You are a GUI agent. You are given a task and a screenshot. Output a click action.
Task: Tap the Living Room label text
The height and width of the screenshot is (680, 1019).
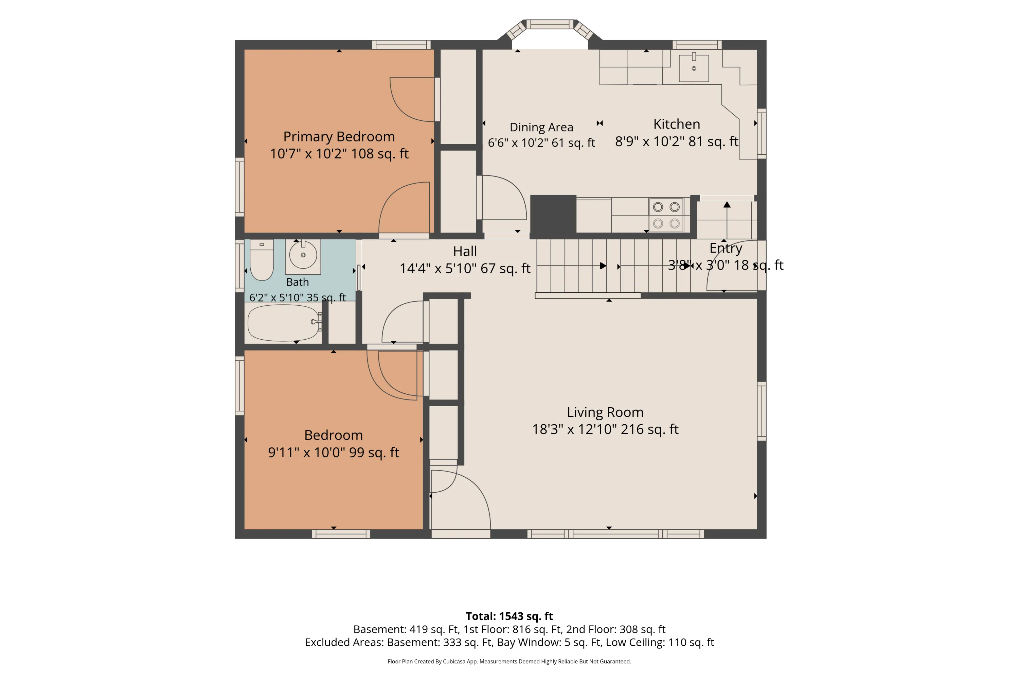(x=605, y=412)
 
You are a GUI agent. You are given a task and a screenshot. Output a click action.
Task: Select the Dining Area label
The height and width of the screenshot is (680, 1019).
(x=541, y=127)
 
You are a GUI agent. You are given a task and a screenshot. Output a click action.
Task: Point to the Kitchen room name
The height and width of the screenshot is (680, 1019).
(x=676, y=124)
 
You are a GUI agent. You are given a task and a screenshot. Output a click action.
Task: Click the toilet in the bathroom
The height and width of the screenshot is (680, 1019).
(x=262, y=260)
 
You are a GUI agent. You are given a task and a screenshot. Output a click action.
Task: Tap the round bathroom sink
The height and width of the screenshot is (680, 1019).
(x=303, y=255)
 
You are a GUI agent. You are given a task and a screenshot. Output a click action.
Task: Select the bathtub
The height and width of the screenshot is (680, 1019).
(x=284, y=323)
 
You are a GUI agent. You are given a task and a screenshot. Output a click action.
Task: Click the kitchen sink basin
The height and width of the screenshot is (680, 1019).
(x=694, y=68)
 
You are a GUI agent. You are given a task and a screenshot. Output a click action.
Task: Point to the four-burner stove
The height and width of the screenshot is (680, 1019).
(x=666, y=215)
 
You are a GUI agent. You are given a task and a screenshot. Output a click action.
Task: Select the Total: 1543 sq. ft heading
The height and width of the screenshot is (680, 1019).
(x=509, y=616)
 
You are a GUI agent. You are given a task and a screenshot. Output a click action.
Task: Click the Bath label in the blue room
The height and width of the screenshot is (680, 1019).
(x=298, y=282)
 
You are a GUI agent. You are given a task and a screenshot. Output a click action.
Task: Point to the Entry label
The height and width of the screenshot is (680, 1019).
(x=726, y=249)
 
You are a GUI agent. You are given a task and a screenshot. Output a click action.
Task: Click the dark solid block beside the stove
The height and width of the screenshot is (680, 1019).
(x=553, y=215)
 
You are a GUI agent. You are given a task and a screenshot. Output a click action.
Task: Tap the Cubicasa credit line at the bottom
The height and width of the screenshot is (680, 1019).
(x=509, y=661)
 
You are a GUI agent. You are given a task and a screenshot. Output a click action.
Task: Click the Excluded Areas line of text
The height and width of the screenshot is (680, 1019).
(x=509, y=642)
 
